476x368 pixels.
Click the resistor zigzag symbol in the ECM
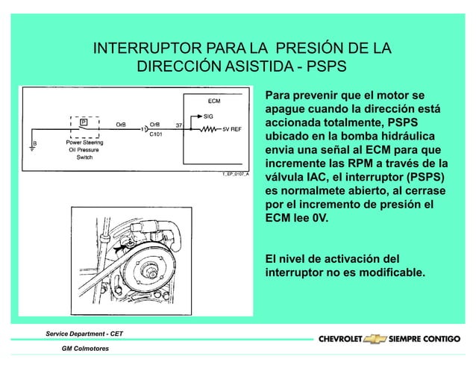(x=207, y=128)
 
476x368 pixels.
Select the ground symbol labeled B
(x=31, y=147)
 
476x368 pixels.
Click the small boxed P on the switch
(x=83, y=120)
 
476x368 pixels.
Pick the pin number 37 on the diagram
(x=179, y=124)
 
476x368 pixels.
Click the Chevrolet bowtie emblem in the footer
(x=378, y=339)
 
